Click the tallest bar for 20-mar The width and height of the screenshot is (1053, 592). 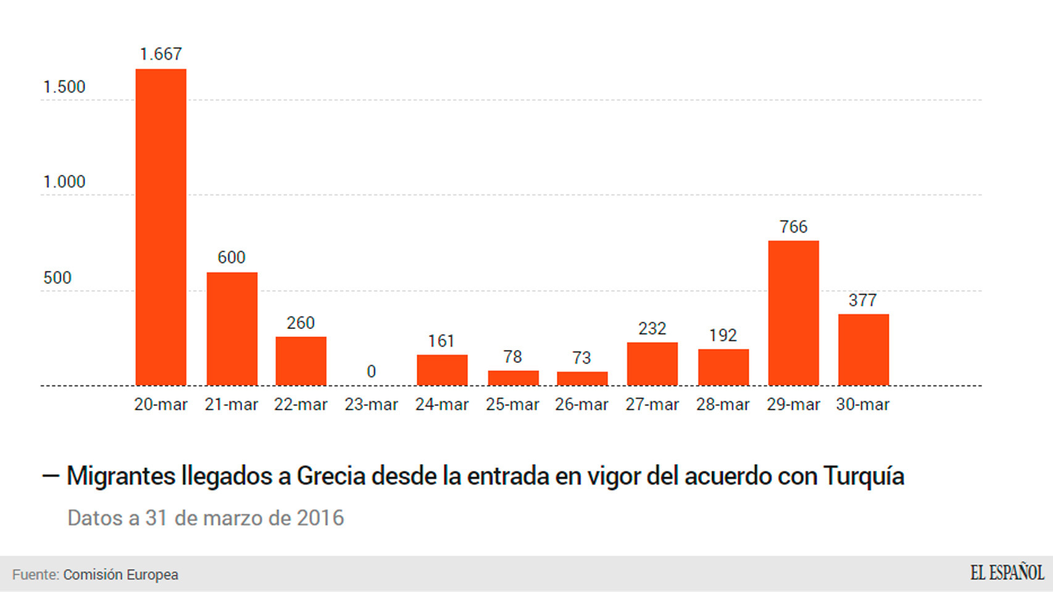click(x=160, y=227)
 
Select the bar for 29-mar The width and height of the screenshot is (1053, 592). click(x=793, y=313)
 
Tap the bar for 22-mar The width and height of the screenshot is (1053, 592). click(x=301, y=361)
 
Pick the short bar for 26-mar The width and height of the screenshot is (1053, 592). click(x=582, y=378)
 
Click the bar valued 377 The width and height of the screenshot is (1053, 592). click(x=863, y=350)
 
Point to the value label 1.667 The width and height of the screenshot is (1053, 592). click(x=160, y=54)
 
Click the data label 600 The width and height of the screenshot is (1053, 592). click(x=231, y=257)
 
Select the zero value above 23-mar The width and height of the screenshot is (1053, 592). click(x=371, y=372)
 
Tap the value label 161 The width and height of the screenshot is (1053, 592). click(x=441, y=341)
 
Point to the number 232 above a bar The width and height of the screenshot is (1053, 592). click(x=652, y=328)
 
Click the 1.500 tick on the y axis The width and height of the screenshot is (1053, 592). click(x=64, y=87)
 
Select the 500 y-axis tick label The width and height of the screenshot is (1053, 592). click(x=57, y=278)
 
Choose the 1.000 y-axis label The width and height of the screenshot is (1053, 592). click(x=64, y=182)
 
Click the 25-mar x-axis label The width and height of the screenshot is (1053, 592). click(x=512, y=405)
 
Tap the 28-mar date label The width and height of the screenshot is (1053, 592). click(x=723, y=405)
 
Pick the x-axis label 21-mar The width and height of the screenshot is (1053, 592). click(x=231, y=405)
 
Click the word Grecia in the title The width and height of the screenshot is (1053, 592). click(x=331, y=476)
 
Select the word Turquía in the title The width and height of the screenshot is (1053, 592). click(x=864, y=476)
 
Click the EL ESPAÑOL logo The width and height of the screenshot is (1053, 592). click(x=1007, y=573)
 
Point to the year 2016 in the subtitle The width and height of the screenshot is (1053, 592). click(x=320, y=518)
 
